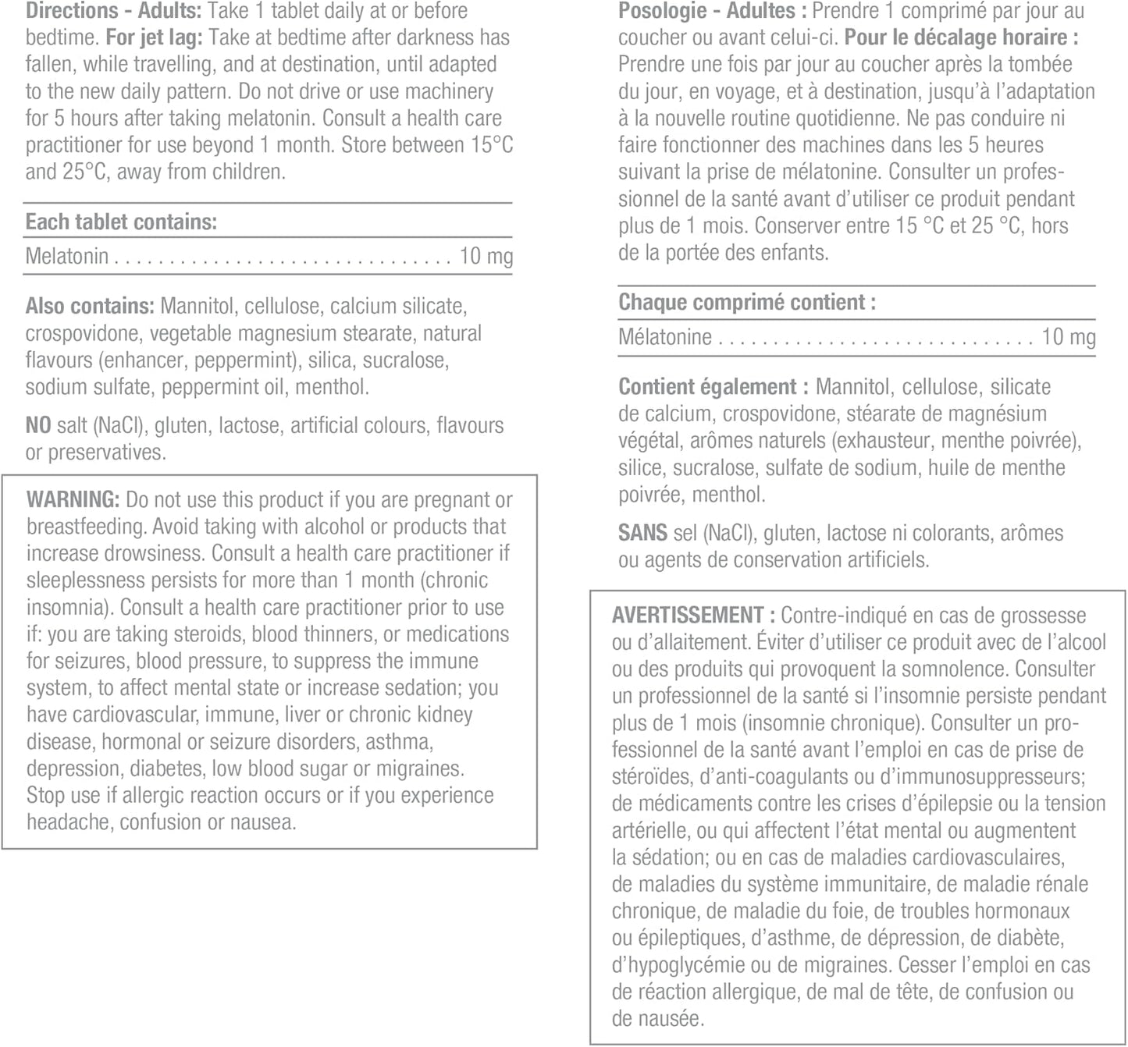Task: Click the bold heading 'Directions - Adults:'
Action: (113, 11)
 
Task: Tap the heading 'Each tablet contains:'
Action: (121, 222)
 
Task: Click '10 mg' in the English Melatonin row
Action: (486, 256)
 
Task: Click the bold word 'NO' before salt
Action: (38, 425)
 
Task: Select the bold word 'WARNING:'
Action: (73, 499)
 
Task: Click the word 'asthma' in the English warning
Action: (397, 741)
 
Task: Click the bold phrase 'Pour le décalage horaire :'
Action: (961, 37)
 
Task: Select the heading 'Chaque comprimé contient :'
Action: (747, 302)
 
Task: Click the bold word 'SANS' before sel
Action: (642, 533)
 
